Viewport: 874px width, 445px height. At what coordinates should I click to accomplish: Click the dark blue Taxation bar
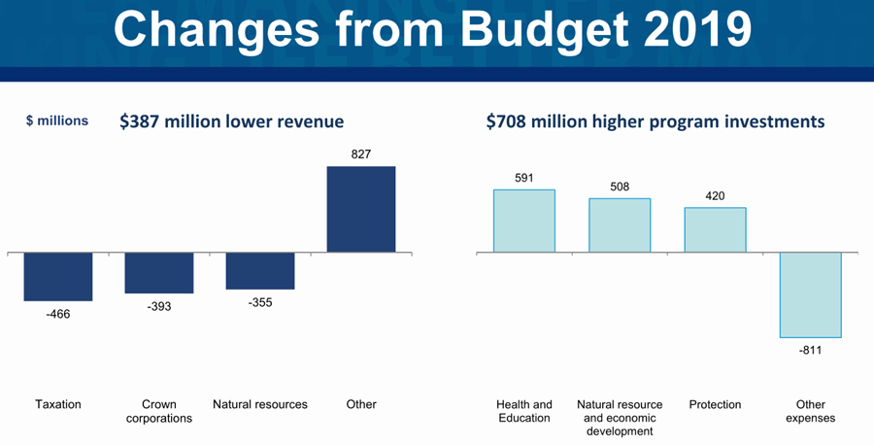coord(58,277)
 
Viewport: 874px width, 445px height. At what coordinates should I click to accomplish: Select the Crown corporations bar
coord(159,273)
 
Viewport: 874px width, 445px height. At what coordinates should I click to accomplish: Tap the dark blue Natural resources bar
coord(260,271)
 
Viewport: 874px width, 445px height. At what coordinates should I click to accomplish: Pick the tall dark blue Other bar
coord(361,210)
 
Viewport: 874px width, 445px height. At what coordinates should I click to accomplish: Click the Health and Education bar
coord(524,222)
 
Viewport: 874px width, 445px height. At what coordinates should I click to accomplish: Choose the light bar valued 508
coord(620,225)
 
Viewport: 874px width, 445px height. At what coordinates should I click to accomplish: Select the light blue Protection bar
coord(715,230)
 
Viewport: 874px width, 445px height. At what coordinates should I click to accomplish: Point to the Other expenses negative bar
coord(810,295)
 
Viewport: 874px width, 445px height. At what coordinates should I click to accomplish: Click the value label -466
coord(58,314)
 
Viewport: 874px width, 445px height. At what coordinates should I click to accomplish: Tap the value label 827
coord(361,154)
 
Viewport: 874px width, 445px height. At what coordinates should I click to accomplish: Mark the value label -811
coord(810,350)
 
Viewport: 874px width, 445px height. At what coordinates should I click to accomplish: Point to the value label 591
coord(524,178)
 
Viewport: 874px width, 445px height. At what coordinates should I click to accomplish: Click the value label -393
coord(159,306)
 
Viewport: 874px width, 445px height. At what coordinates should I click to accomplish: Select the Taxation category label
coord(58,404)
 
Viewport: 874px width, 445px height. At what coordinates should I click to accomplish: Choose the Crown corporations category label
coord(159,411)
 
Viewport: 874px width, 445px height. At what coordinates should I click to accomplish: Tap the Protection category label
coord(715,404)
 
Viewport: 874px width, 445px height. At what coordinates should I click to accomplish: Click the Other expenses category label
coord(810,411)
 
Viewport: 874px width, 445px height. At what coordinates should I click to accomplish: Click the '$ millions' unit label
coord(56,121)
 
